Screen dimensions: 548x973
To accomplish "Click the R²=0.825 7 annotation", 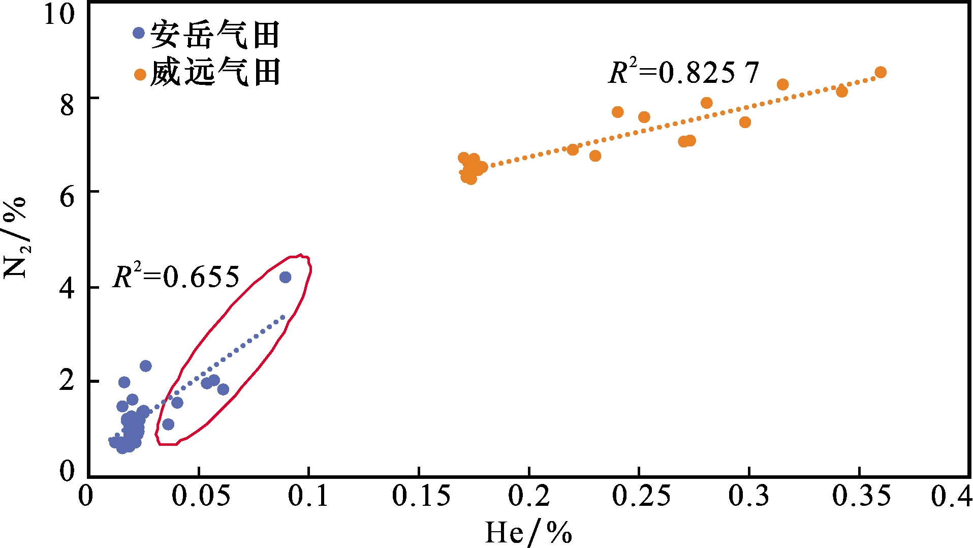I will [683, 73].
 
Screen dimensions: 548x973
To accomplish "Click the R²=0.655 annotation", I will [176, 278].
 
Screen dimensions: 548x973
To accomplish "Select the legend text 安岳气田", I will [215, 35].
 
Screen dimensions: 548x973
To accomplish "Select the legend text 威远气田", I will [215, 72].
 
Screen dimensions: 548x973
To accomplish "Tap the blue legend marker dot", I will [139, 33].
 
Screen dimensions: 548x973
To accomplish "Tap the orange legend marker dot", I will [140, 75].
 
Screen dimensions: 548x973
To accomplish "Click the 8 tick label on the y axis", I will [67, 106].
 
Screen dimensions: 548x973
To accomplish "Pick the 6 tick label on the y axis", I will [67, 197].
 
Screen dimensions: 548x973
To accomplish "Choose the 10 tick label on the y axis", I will [59, 14].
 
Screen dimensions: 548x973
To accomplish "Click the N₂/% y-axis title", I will [15, 238].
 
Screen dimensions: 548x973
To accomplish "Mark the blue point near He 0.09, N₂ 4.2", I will [285, 277].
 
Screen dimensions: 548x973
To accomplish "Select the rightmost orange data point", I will [881, 72].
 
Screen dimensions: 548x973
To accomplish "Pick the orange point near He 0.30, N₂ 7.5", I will [745, 122].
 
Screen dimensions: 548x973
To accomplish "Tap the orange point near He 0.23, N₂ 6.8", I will [595, 156].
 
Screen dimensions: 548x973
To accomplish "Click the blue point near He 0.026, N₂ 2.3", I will [146, 366].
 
